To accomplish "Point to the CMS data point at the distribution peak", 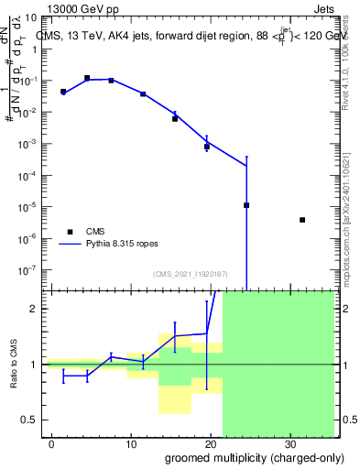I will click(87, 79).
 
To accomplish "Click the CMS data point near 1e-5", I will click(246, 205).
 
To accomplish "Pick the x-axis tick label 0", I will click(52, 442).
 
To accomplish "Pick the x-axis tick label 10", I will click(131, 442).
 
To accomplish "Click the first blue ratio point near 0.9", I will click(63, 376).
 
